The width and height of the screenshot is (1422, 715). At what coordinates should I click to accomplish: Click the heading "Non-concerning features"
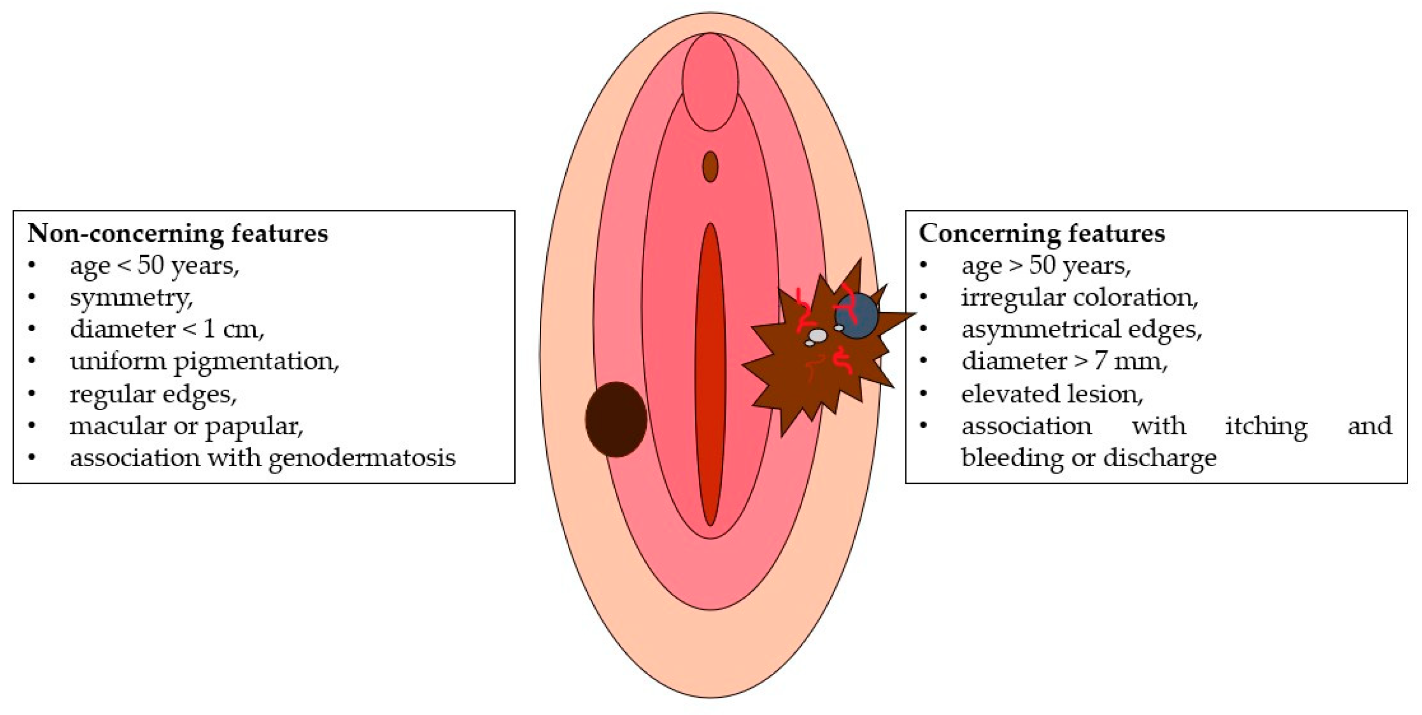tap(177, 234)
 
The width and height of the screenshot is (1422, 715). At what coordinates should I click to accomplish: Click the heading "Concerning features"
tap(1041, 234)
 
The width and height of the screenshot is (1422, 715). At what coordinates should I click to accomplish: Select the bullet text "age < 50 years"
tap(154, 265)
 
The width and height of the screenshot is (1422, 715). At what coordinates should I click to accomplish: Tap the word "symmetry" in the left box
tap(131, 297)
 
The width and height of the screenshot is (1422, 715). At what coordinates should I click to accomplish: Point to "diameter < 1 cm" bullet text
tap(167, 330)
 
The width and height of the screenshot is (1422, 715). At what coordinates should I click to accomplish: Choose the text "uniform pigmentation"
tap(204, 362)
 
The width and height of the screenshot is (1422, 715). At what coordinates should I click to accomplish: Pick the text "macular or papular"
tap(186, 425)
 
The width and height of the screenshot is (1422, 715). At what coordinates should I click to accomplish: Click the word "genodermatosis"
tap(362, 458)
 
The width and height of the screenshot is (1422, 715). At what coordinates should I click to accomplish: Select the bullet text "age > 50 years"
tap(1046, 265)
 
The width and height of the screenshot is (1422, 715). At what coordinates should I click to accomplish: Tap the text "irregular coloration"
tap(1079, 297)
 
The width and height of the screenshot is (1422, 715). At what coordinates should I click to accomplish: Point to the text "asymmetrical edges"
tap(1081, 330)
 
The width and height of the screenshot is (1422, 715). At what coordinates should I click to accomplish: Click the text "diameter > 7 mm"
tap(1064, 362)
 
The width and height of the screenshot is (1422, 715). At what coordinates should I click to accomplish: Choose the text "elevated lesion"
tap(1052, 394)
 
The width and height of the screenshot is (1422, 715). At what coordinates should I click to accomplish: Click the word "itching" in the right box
tap(1266, 425)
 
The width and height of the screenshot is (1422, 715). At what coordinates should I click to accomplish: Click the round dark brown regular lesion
tap(615, 419)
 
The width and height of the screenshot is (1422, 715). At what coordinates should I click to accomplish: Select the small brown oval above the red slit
tap(710, 166)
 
